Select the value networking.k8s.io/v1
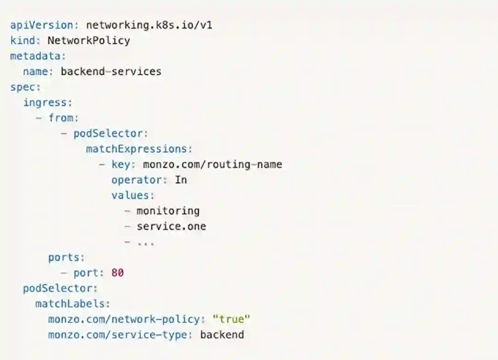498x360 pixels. pos(149,25)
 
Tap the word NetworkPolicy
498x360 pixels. pos(89,41)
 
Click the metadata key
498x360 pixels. pos(36,56)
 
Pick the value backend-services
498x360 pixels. pos(111,72)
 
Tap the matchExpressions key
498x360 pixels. pos(136,149)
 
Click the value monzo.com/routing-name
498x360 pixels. pos(212,164)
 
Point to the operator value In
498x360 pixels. pos(181,180)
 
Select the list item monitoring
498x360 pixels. pos(168,211)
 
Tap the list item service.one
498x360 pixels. pos(171,226)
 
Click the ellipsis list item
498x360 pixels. pos(145,242)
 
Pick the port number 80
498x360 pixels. pos(118,273)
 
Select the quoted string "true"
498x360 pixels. pos(231,319)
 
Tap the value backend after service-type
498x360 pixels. pos(222,335)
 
